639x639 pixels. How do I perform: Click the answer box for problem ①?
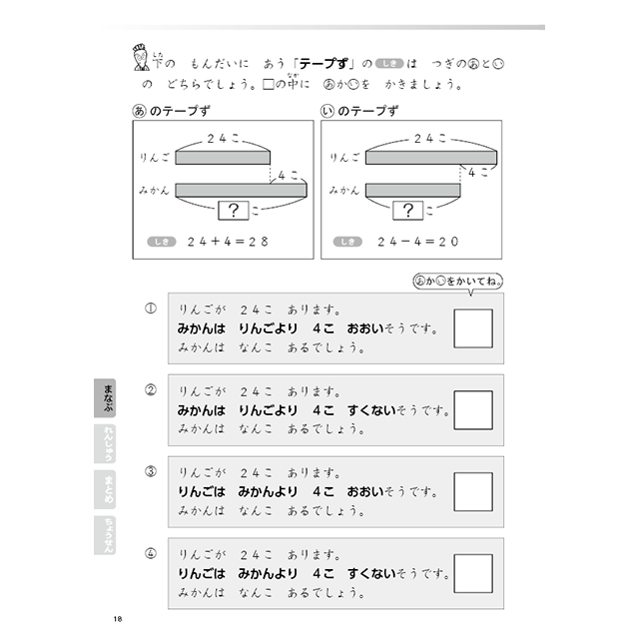point(472,328)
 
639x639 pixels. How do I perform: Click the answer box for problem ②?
point(472,409)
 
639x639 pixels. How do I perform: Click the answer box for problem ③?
point(472,491)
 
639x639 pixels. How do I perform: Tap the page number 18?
point(119,621)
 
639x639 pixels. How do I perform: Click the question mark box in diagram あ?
point(232,210)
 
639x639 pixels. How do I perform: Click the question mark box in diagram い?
point(407,210)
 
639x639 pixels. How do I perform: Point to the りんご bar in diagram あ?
point(223,158)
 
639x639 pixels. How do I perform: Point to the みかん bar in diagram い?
point(412,189)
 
